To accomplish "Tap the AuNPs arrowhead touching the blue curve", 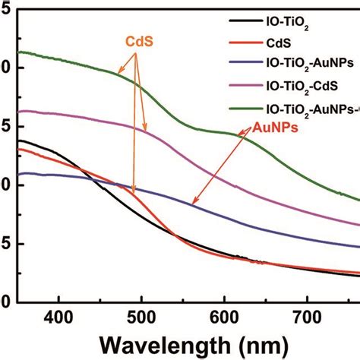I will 193,204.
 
